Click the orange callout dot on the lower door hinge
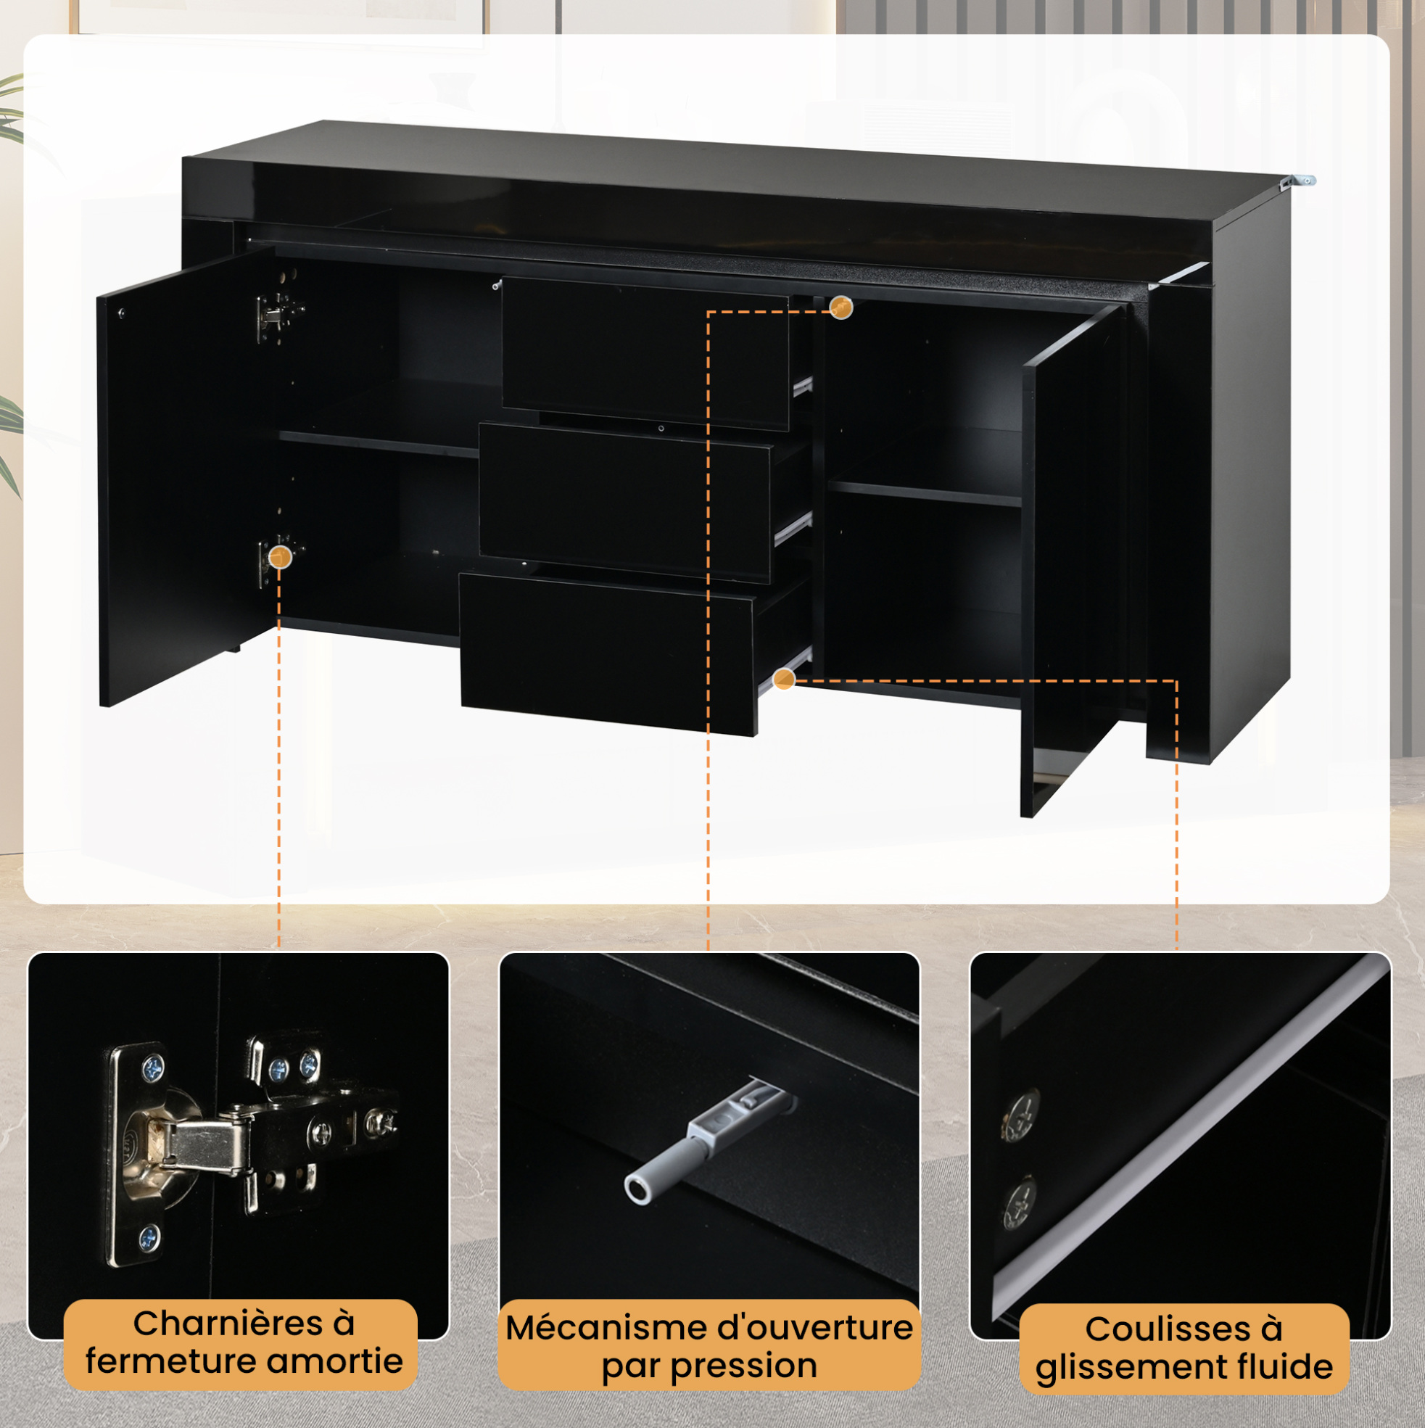click(x=279, y=556)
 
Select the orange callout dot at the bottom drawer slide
click(x=783, y=679)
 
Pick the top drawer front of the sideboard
click(x=645, y=353)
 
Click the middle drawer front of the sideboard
click(x=625, y=503)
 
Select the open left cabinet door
click(x=186, y=476)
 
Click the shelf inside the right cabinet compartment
click(x=925, y=494)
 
